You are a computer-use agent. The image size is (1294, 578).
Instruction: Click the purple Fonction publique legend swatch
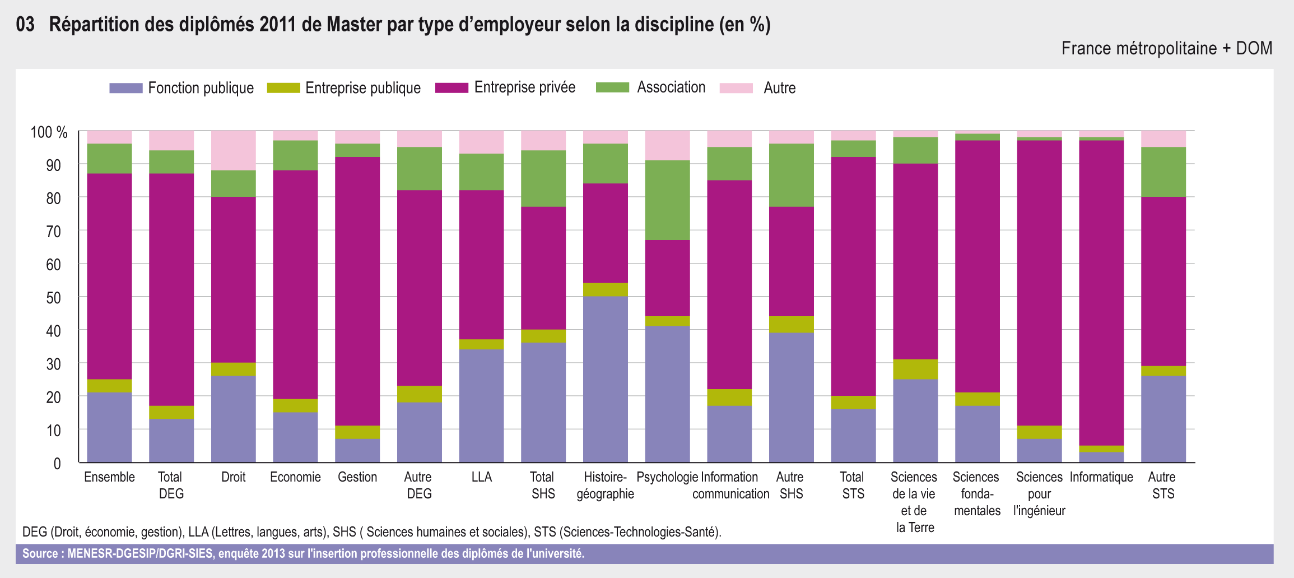[126, 88]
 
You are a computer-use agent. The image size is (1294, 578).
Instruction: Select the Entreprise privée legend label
[524, 87]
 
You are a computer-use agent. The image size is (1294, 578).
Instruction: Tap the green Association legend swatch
[612, 87]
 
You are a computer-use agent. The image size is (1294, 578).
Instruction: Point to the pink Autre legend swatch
[736, 88]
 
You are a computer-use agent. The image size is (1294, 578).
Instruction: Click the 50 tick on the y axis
[54, 298]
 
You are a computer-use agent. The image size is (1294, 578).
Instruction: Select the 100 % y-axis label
[49, 133]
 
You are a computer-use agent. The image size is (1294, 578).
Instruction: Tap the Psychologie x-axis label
[667, 477]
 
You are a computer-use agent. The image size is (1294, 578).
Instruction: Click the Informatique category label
[1101, 477]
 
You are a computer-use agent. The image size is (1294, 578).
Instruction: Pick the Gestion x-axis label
[357, 477]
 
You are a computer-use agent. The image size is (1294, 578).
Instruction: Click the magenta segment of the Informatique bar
[1101, 292]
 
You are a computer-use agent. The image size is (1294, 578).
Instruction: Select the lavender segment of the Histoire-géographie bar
[606, 379]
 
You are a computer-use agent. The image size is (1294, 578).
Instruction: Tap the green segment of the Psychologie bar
[667, 200]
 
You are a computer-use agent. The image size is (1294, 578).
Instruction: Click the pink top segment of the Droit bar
[233, 150]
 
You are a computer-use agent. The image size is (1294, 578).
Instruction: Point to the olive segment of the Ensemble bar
[109, 386]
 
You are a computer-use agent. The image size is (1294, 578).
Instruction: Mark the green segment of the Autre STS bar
[1163, 172]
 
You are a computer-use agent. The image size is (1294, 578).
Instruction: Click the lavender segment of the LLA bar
[481, 405]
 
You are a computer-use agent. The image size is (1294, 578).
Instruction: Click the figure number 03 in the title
[25, 24]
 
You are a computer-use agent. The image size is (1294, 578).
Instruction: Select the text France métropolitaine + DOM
[1166, 49]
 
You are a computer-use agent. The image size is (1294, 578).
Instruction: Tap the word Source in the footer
[40, 554]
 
